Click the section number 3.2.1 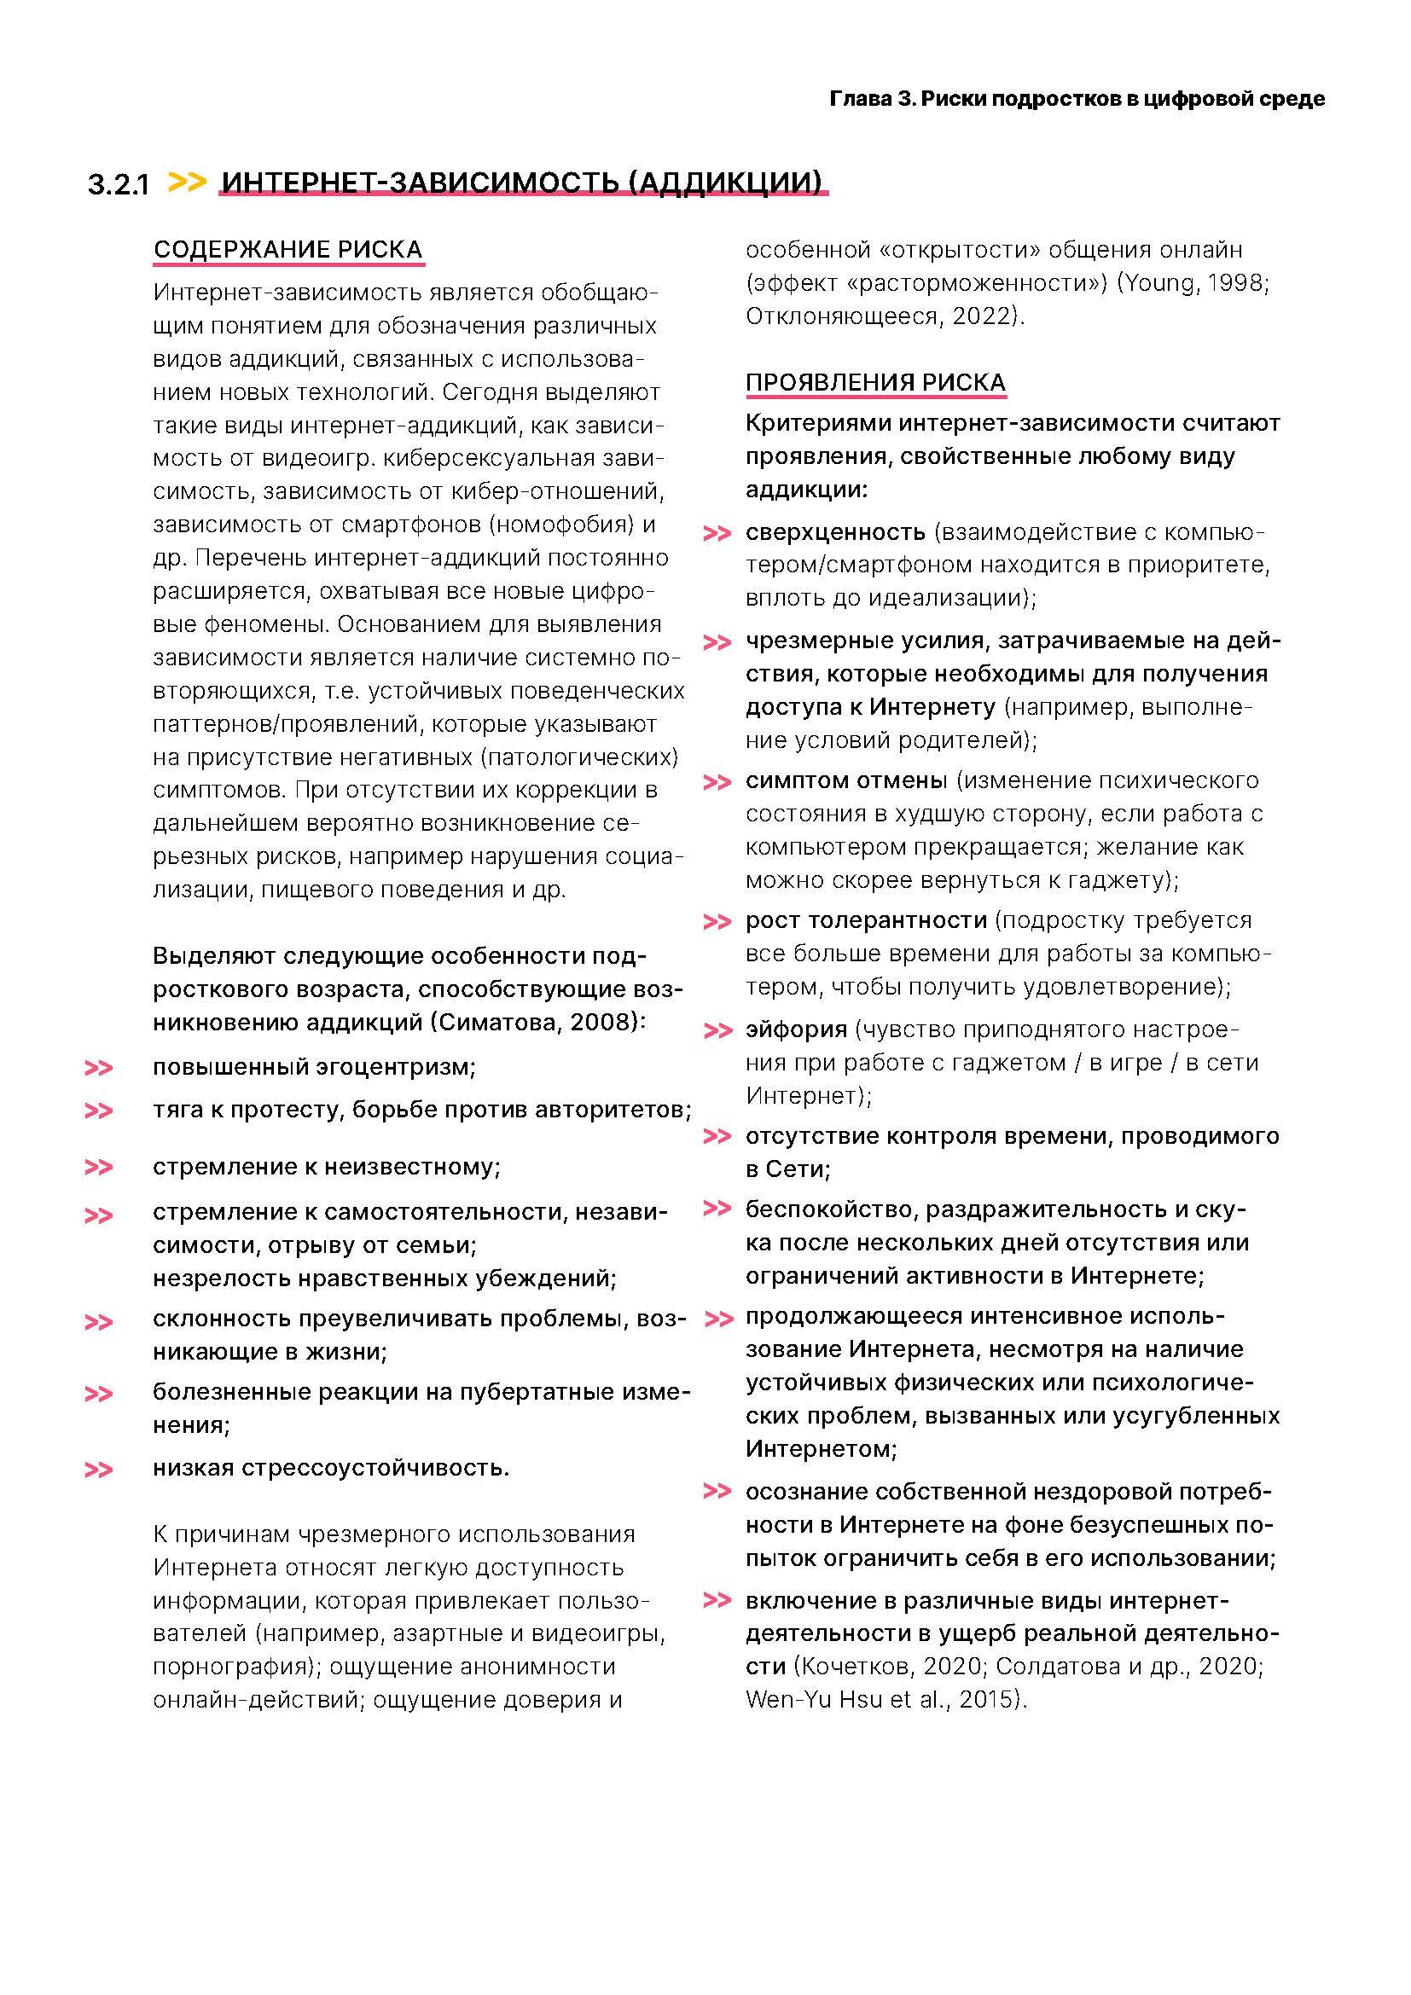119,184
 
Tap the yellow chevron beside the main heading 187,182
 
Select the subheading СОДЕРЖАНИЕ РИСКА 287,249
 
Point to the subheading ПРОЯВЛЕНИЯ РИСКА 875,382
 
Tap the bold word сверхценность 835,531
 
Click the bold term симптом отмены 845,780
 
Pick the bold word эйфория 796,1029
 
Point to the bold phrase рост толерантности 865,920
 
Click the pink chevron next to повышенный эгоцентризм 98,1068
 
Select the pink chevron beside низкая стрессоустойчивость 98,1470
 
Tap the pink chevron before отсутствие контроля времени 716,1136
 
